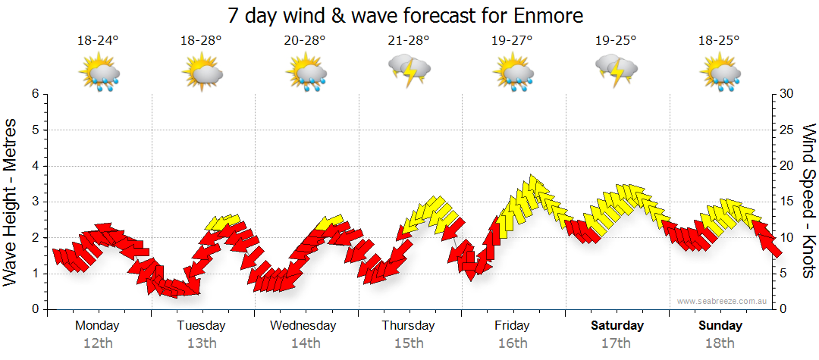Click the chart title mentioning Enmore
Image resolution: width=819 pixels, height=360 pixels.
click(410, 15)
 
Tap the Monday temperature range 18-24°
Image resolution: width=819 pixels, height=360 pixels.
click(98, 41)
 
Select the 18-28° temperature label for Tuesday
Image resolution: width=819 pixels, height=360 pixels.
click(201, 41)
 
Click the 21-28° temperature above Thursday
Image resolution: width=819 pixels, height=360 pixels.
click(409, 41)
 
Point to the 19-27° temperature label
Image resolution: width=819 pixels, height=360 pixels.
click(513, 41)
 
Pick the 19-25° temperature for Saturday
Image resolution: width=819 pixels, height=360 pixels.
click(616, 41)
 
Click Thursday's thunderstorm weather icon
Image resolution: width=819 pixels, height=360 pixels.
click(409, 72)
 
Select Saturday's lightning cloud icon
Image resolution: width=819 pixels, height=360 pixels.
click(617, 72)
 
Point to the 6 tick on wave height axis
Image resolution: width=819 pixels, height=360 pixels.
click(34, 94)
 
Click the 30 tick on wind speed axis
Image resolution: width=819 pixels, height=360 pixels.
click(786, 94)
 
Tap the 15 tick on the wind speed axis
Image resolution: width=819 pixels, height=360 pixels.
click(786, 202)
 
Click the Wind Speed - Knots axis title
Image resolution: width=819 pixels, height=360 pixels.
click(808, 201)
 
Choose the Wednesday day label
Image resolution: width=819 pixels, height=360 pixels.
click(303, 326)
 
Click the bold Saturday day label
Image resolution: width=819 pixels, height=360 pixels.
click(617, 326)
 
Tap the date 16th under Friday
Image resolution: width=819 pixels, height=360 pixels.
click(513, 343)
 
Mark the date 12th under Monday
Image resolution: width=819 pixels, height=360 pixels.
click(98, 343)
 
